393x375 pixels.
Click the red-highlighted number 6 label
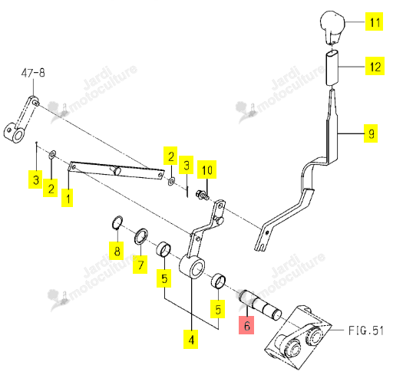tap(246, 325)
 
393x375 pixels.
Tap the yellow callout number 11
tap(374, 21)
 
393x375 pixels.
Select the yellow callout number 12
tap(375, 66)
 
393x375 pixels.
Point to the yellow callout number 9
tap(371, 133)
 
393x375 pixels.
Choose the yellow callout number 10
tap(206, 169)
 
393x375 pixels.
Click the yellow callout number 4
tap(191, 339)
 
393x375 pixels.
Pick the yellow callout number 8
tap(117, 251)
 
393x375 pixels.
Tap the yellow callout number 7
tap(140, 265)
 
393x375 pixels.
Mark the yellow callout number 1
tap(68, 198)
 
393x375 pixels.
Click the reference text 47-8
tap(33, 73)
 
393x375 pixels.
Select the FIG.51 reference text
tap(366, 331)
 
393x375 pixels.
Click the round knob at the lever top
tap(332, 27)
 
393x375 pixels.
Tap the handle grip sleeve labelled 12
tap(332, 67)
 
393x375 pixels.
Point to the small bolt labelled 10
tap(202, 195)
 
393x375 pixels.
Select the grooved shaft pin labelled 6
tap(260, 304)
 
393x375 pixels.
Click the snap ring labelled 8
tap(117, 222)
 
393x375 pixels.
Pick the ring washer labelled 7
tap(141, 236)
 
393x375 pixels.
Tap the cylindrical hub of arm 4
tap(192, 267)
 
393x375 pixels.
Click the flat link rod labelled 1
tap(117, 170)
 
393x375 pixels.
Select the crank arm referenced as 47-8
tap(21, 120)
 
